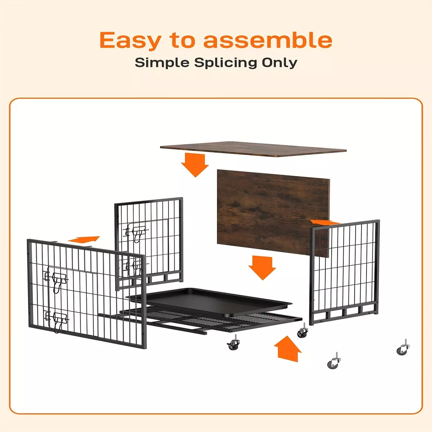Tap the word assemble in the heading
tap(268, 40)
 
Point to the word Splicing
tap(225, 63)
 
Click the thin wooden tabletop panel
tap(253, 149)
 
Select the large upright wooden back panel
tap(273, 213)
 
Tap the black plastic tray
tap(209, 302)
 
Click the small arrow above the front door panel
tap(84, 239)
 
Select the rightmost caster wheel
tap(403, 347)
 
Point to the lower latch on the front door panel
tap(57, 320)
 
